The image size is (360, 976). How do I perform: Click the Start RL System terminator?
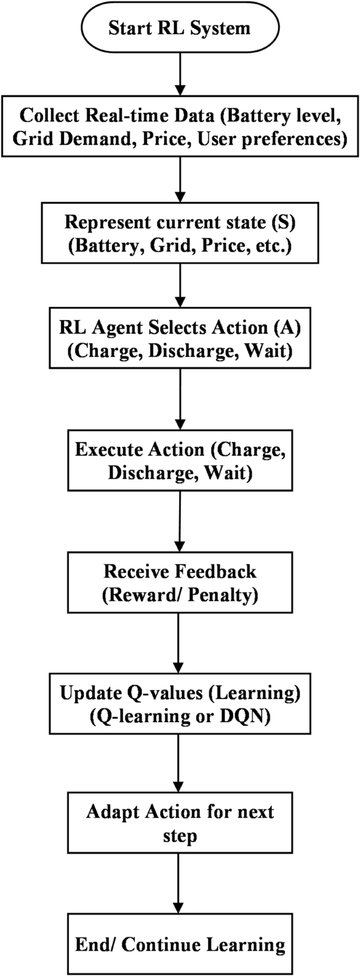click(180, 28)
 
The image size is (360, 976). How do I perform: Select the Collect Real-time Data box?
click(180, 126)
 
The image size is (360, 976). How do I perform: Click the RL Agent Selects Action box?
click(180, 338)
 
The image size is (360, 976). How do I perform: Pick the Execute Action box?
click(180, 460)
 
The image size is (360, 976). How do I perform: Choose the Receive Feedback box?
click(180, 582)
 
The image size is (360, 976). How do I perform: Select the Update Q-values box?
click(180, 704)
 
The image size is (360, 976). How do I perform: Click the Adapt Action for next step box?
click(180, 823)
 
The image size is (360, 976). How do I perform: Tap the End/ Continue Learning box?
click(180, 944)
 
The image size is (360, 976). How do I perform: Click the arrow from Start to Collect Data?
click(180, 74)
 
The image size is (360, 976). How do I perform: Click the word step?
click(180, 836)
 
